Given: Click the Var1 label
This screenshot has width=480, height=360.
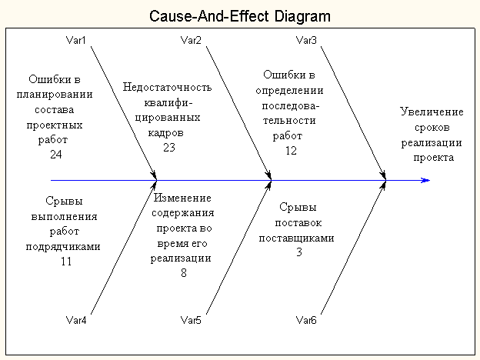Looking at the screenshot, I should click(x=76, y=40).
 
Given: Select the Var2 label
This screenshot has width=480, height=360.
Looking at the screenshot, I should click(x=191, y=40).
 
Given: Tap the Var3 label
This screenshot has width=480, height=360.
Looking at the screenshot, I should click(x=306, y=40).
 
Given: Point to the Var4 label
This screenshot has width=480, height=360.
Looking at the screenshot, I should click(x=76, y=320).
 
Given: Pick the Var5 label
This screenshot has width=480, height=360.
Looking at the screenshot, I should click(x=191, y=320).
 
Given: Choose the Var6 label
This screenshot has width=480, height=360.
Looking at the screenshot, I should click(x=306, y=320).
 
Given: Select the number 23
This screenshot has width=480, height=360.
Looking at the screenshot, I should click(x=170, y=148).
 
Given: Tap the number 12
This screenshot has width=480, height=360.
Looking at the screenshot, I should click(x=291, y=151).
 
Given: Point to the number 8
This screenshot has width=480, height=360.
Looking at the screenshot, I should click(x=184, y=272).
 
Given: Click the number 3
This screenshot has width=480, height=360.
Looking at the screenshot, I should click(x=298, y=252).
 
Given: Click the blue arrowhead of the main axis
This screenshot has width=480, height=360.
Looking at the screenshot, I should click(x=425, y=181).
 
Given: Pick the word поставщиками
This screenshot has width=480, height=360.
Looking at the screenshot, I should click(x=296, y=238).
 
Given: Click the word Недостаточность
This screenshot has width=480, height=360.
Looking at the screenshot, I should click(x=167, y=87).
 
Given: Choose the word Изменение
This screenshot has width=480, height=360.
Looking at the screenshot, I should click(x=184, y=198).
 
